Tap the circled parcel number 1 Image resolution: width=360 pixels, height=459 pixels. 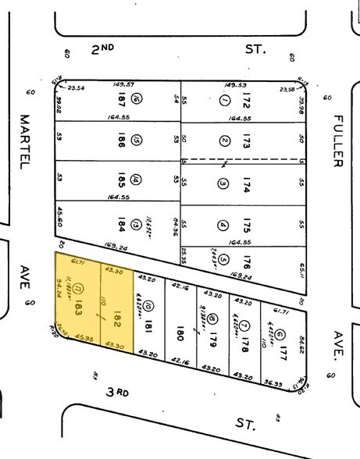pos(224,101)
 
